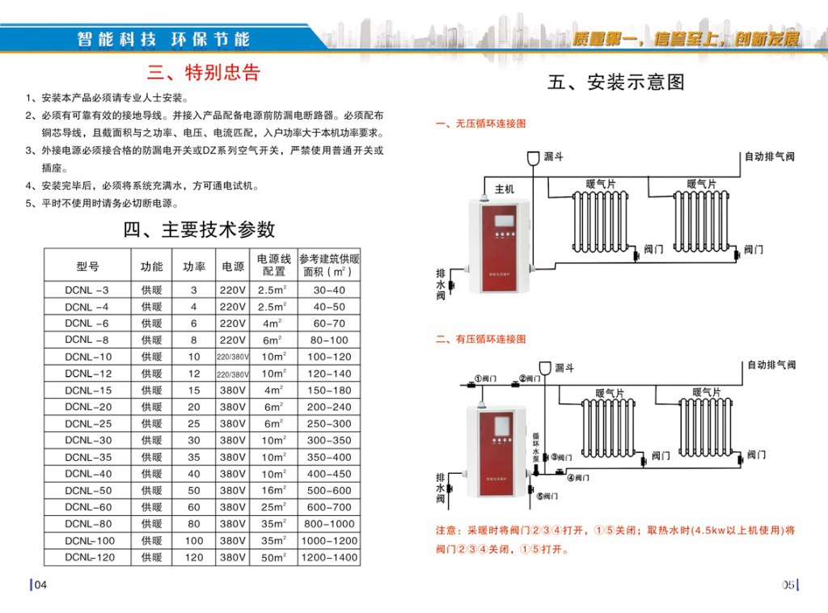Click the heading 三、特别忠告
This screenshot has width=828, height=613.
pyautogui.click(x=203, y=74)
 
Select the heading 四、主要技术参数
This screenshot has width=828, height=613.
pyautogui.click(x=199, y=230)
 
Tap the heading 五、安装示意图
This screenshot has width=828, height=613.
pyautogui.click(x=616, y=82)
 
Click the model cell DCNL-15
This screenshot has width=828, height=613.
pyautogui.click(x=88, y=391)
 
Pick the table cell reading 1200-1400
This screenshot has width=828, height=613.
pyautogui.click(x=328, y=558)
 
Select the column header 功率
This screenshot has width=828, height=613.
pyautogui.click(x=193, y=266)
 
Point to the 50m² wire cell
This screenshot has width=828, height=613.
pyautogui.click(x=273, y=558)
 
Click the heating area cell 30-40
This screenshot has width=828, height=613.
pyautogui.click(x=328, y=290)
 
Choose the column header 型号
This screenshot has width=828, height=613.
pyautogui.click(x=87, y=266)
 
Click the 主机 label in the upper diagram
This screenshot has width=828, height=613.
pyautogui.click(x=504, y=189)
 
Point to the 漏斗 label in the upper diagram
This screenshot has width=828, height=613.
pyautogui.click(x=553, y=156)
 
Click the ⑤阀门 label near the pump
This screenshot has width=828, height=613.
pyautogui.click(x=547, y=496)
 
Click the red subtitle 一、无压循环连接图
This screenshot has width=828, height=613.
pyautogui.click(x=480, y=124)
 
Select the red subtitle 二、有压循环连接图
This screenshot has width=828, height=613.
pyautogui.click(x=480, y=340)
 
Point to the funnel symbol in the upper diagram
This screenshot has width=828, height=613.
pyautogui.click(x=532, y=159)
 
